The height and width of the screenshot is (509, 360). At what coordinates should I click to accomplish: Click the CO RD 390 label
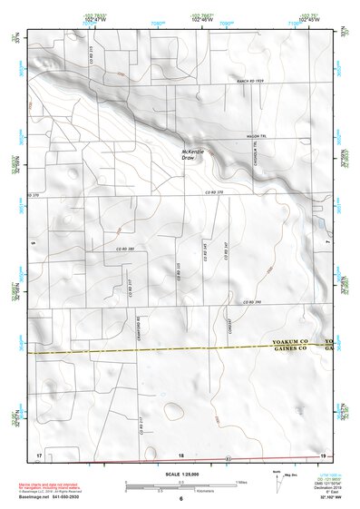[251, 302]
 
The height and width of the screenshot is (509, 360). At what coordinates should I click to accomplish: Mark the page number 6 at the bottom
[180, 499]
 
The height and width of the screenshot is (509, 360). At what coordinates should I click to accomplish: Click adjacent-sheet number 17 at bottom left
[39, 453]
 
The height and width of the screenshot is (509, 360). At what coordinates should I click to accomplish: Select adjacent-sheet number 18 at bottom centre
[180, 454]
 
